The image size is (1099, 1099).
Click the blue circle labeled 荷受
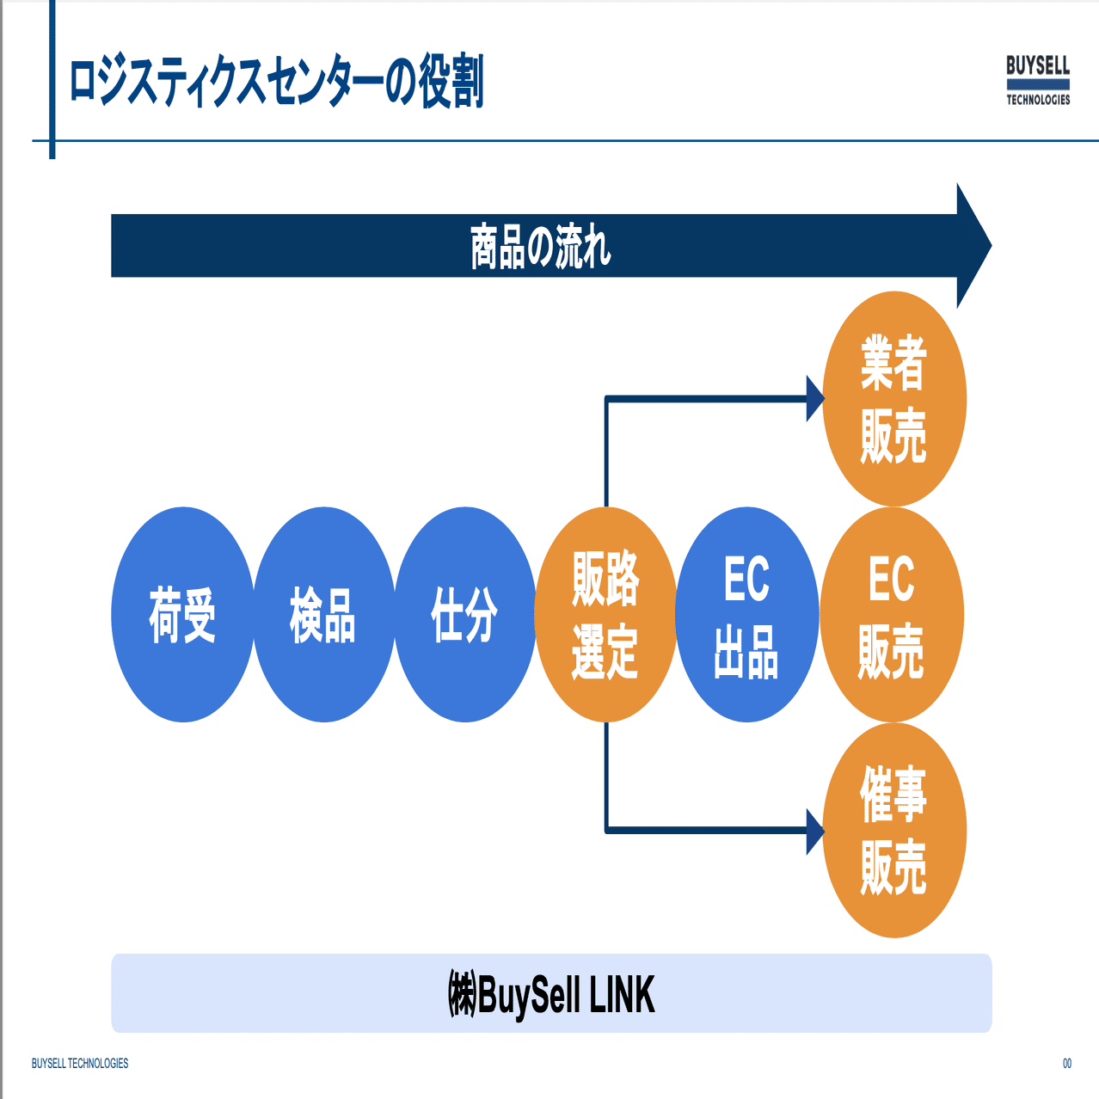click(182, 615)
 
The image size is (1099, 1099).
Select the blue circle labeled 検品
click(324, 615)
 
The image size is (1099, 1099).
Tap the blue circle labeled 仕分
click(465, 615)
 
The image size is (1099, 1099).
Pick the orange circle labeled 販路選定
click(605, 615)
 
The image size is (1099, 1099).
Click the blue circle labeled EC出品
click(746, 615)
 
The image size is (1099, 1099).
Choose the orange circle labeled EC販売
click(892, 615)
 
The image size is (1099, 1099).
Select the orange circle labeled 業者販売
click(894, 399)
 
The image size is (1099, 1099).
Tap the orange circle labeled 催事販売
click(894, 831)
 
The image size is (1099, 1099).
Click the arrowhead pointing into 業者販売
click(814, 399)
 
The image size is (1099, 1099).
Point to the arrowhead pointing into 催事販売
click(814, 831)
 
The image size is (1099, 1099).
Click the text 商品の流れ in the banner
click(540, 247)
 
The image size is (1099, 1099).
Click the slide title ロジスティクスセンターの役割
click(276, 82)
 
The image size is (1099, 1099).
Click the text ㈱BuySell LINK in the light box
click(551, 994)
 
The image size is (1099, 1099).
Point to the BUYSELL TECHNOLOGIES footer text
click(80, 1064)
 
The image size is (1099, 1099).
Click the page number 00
click(1067, 1064)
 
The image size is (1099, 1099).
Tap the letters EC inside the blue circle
click(746, 580)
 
